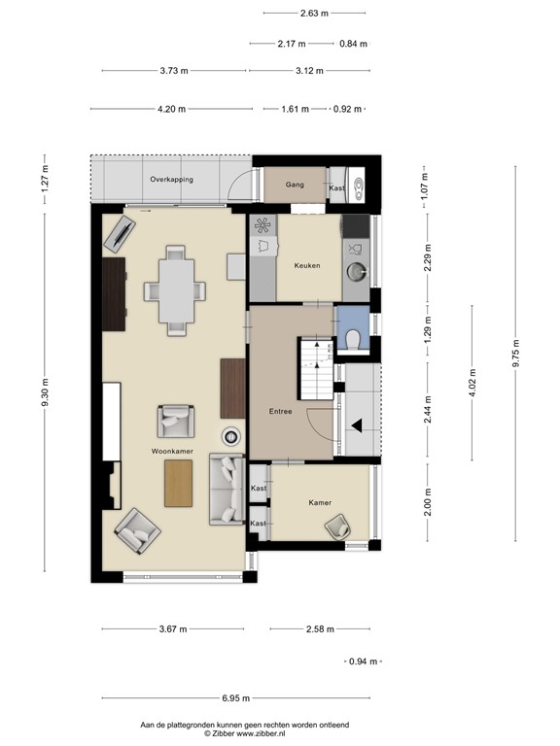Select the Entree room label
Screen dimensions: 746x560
click(x=281, y=412)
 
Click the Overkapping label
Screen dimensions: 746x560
click(x=171, y=180)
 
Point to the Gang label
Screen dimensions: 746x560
click(x=296, y=185)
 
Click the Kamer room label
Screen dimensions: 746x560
click(x=320, y=502)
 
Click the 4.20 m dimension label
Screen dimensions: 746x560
click(x=172, y=110)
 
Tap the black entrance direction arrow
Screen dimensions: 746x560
click(x=357, y=424)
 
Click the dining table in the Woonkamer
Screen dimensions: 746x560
click(x=176, y=290)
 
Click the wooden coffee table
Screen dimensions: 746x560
click(x=179, y=483)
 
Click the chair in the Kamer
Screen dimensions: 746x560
click(x=340, y=526)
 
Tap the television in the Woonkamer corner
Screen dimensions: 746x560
click(x=122, y=233)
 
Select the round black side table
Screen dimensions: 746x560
click(x=233, y=436)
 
